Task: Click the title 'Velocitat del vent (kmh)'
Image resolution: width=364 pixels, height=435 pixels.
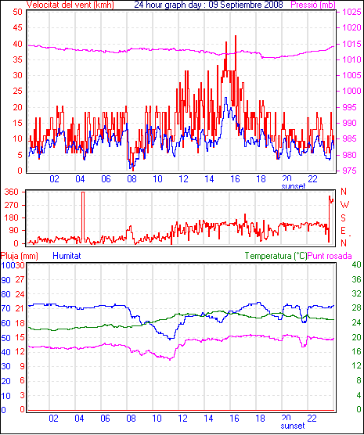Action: click(70, 5)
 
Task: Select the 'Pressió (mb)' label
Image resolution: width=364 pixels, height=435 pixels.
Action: click(313, 5)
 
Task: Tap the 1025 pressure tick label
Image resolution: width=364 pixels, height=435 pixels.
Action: click(351, 12)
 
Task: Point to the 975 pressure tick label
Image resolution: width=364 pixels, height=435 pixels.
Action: click(351, 171)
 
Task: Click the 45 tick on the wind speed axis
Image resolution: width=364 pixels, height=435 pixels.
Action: click(17, 27)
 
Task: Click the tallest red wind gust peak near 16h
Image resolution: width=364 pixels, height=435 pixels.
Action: click(236, 36)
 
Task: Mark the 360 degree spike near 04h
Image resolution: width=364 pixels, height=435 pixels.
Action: click(83, 192)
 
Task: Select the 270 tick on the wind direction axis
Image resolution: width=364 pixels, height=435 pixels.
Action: click(12, 205)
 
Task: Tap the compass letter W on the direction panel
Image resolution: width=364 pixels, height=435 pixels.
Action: click(344, 205)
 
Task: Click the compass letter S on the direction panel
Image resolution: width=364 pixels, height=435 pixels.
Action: click(344, 218)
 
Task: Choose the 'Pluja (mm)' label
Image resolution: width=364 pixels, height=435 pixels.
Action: click(19, 256)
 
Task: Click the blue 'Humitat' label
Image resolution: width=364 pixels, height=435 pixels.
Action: click(67, 256)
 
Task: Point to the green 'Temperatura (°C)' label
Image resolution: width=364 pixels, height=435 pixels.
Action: click(276, 256)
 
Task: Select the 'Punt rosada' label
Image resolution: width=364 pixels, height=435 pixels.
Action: click(330, 256)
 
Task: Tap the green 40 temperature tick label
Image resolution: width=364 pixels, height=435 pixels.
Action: click(356, 264)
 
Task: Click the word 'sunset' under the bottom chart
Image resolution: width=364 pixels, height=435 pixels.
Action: click(293, 426)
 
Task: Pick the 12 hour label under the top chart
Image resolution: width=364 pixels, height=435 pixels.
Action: click(183, 179)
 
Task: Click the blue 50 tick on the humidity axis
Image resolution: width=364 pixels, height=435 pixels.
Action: click(5, 338)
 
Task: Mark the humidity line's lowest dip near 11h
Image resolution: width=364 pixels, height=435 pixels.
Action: click(170, 339)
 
